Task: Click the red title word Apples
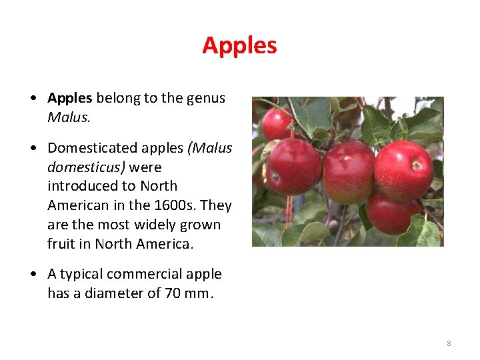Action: [x=239, y=45]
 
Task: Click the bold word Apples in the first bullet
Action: [x=69, y=98]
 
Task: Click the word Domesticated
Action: [x=91, y=147]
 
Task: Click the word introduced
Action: [x=79, y=186]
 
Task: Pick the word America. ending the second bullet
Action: [x=164, y=244]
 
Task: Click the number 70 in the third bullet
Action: [x=173, y=293]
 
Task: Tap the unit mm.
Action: [x=201, y=293]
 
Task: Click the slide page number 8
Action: [x=449, y=343]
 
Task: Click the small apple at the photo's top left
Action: [x=276, y=124]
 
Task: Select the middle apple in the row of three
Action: [x=348, y=171]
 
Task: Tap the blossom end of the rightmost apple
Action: [x=416, y=165]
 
